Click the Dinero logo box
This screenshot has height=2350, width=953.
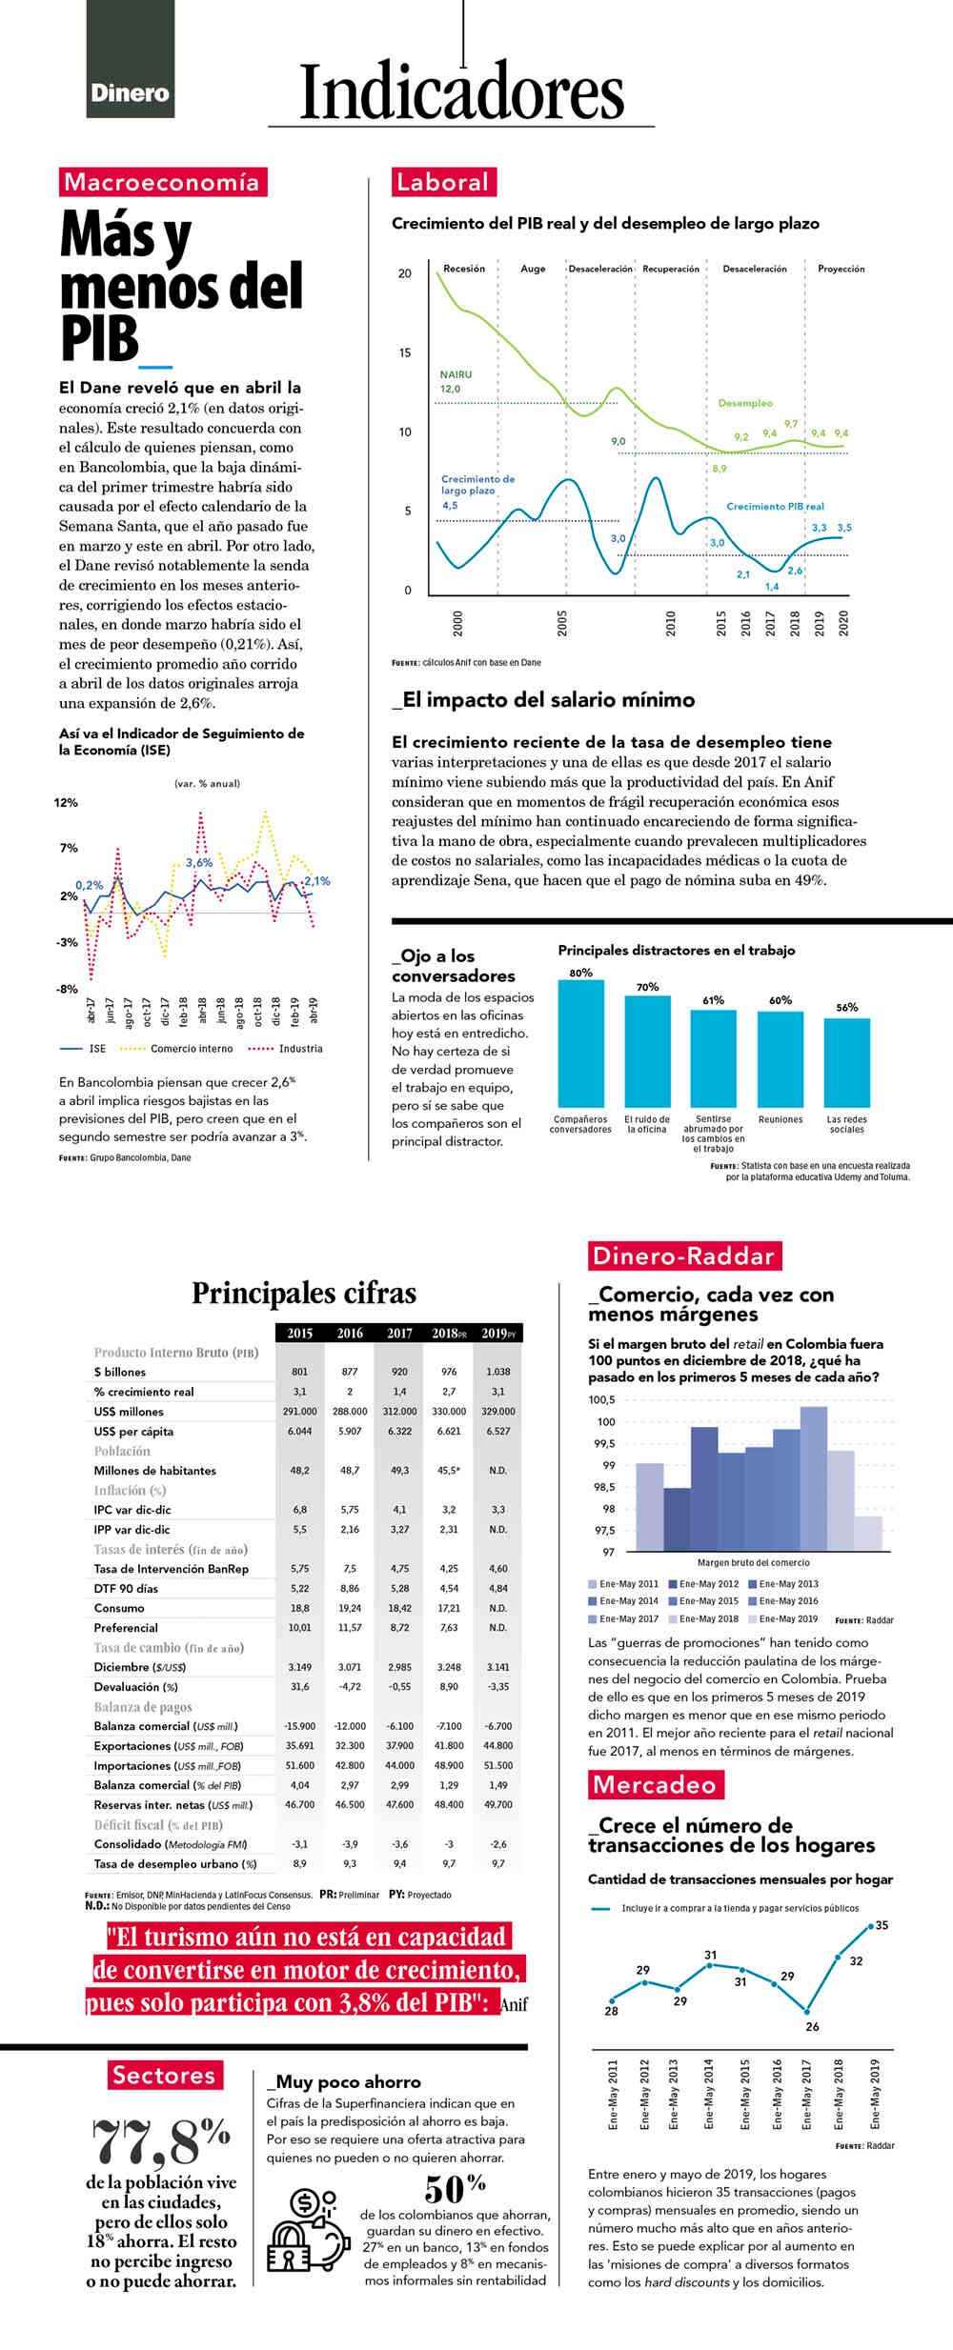pos(131,59)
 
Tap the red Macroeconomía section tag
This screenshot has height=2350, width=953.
pos(161,182)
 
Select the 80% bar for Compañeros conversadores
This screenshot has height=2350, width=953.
pos(580,1042)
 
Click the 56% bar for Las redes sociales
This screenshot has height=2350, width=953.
pos(846,1061)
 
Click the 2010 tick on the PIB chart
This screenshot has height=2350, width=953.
pos(671,624)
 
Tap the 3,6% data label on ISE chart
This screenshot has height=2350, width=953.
pos(199,863)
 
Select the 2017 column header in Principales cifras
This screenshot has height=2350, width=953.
pos(399,1334)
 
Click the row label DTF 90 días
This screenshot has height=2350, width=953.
pos(126,1588)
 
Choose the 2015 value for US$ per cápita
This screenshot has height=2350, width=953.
pos(300,1432)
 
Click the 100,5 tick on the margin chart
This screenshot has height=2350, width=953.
pos(602,1400)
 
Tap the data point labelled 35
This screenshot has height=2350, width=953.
pos(870,1926)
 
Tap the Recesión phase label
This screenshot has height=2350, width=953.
pos(464,269)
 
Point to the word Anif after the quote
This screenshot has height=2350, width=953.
pos(514,2004)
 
